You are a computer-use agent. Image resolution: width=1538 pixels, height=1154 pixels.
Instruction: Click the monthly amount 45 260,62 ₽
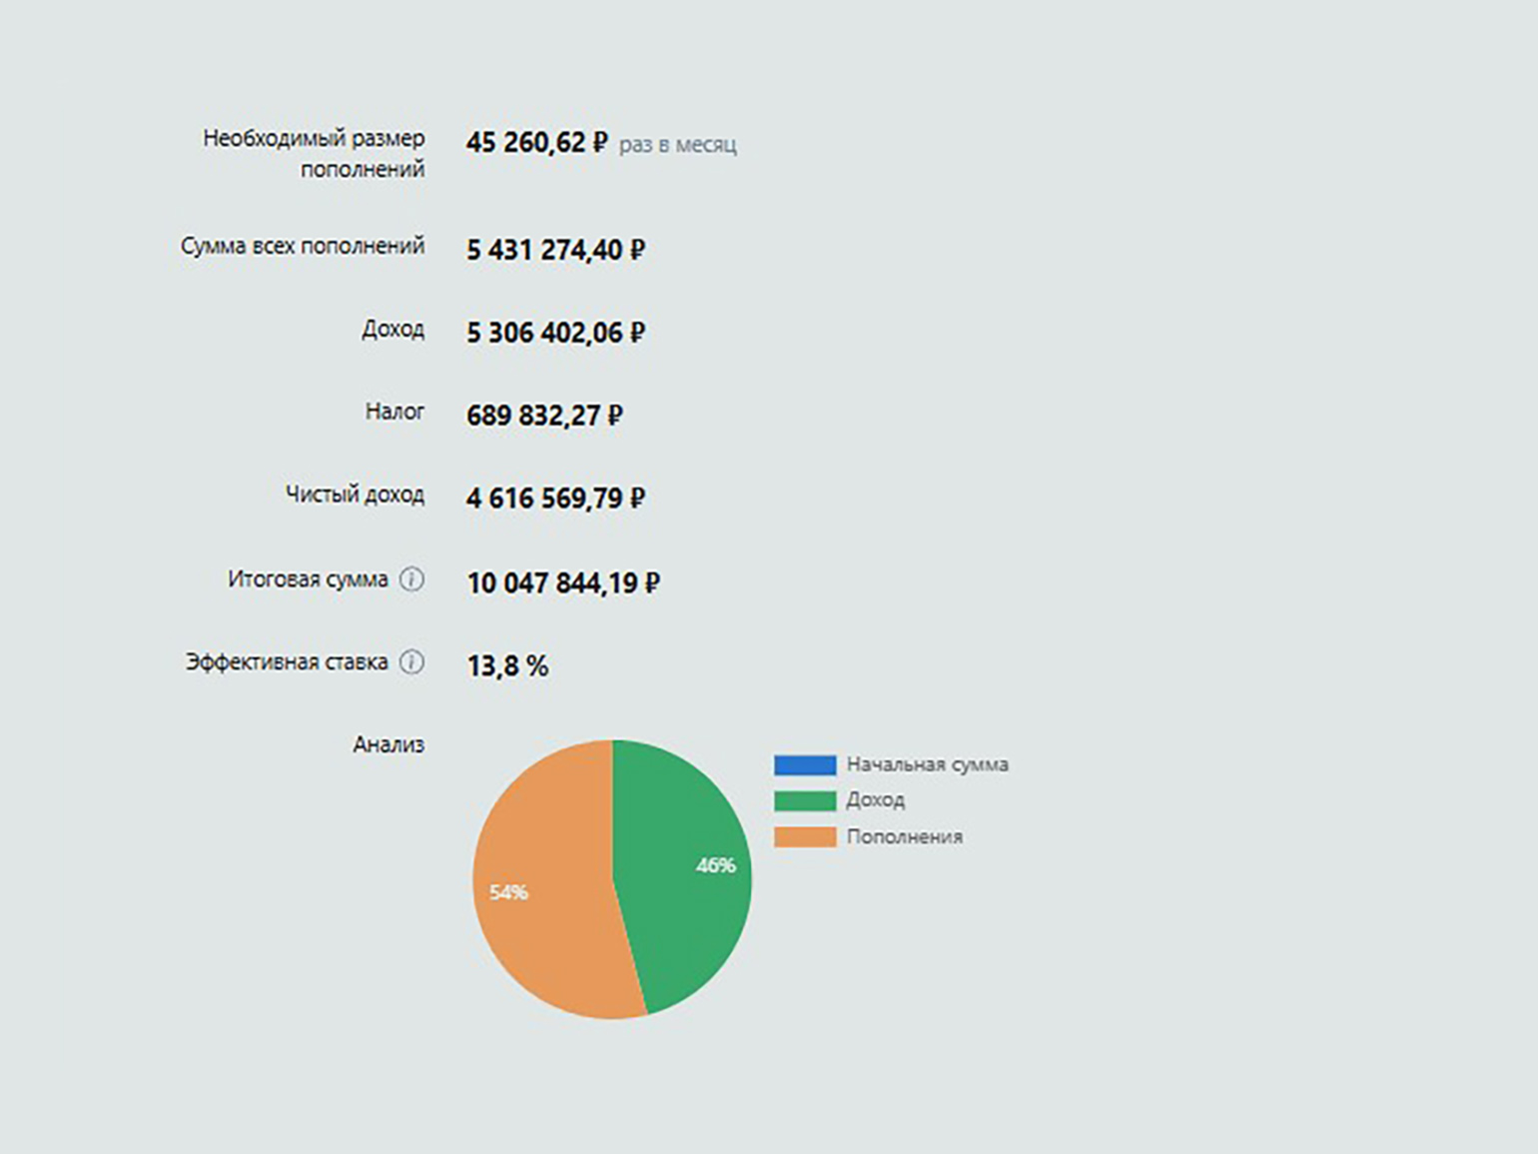(536, 143)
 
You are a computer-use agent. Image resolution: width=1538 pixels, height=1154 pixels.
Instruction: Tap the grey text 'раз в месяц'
(677, 145)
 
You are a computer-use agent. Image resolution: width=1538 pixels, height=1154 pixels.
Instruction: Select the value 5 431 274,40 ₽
(555, 250)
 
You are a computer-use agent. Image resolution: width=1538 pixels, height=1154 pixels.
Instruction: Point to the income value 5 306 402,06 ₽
(555, 333)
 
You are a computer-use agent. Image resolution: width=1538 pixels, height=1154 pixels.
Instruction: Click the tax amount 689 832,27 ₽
(544, 416)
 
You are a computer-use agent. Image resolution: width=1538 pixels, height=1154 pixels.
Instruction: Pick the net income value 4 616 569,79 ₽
(555, 499)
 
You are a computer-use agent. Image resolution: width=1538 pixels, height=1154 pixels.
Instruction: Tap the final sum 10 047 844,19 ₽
(563, 582)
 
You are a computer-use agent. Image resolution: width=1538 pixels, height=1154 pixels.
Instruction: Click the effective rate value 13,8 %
(507, 666)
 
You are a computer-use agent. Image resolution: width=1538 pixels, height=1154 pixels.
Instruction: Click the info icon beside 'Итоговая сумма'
(411, 579)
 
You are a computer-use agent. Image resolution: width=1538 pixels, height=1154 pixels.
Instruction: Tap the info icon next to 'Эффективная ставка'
(411, 662)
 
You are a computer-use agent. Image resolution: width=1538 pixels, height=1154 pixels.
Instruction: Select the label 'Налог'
(394, 412)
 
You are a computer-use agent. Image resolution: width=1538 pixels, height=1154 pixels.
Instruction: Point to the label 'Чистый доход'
(355, 495)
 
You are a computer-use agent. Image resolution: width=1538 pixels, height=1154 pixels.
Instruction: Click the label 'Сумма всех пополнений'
(303, 246)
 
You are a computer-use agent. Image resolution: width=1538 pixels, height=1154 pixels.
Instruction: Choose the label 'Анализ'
(388, 744)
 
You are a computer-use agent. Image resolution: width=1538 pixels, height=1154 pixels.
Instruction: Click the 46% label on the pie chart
(715, 865)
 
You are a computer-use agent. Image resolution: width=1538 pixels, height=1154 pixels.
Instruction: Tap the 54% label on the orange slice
(508, 892)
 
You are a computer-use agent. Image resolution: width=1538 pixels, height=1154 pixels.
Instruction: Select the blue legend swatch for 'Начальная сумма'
(805, 765)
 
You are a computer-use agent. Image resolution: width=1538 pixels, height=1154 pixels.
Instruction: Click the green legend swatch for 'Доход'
(805, 801)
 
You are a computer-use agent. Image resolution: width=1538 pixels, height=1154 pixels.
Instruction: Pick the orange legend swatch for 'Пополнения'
(805, 837)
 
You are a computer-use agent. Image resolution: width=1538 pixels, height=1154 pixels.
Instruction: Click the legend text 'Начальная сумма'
(927, 764)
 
